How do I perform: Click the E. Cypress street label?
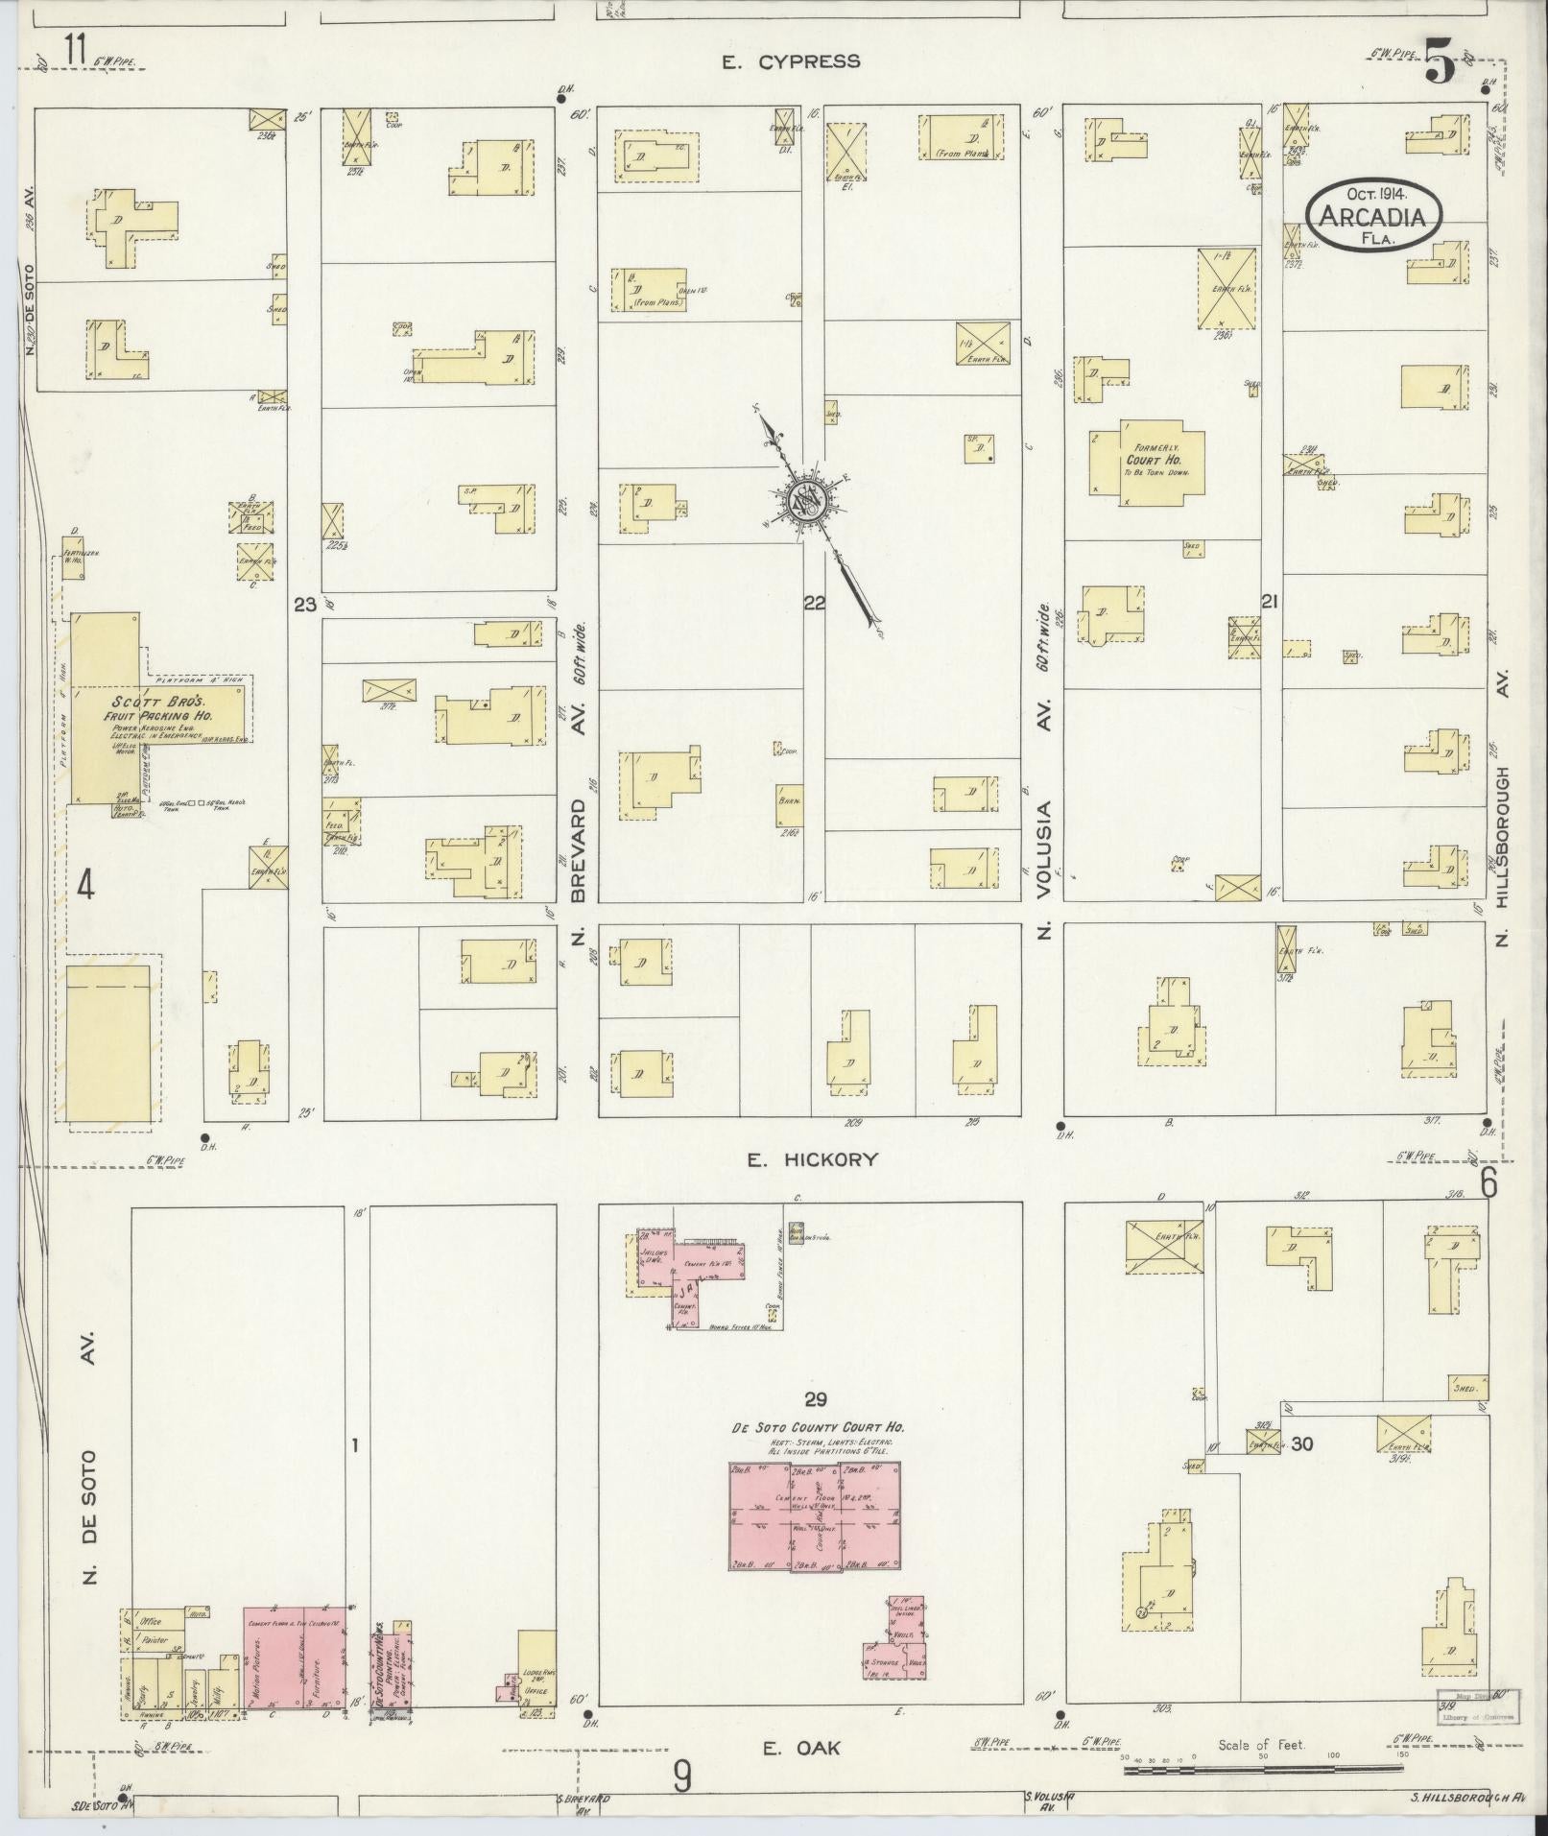(x=792, y=62)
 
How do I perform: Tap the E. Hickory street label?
(x=813, y=1159)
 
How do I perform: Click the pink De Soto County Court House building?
(x=815, y=1515)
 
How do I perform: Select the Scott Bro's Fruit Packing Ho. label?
(x=161, y=708)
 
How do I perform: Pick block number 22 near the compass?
(x=814, y=603)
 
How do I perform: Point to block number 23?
(x=304, y=605)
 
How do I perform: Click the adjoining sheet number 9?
(x=681, y=1777)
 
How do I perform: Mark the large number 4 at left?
(x=84, y=884)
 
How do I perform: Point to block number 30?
(x=1301, y=1444)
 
